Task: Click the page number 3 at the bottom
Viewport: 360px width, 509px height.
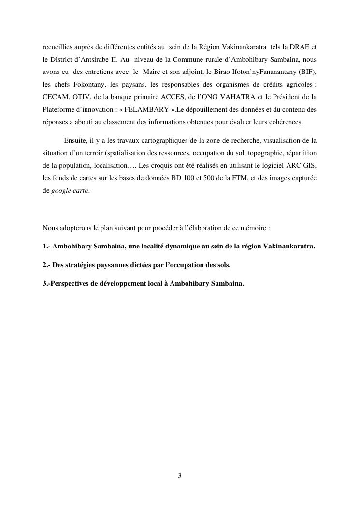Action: click(180, 476)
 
